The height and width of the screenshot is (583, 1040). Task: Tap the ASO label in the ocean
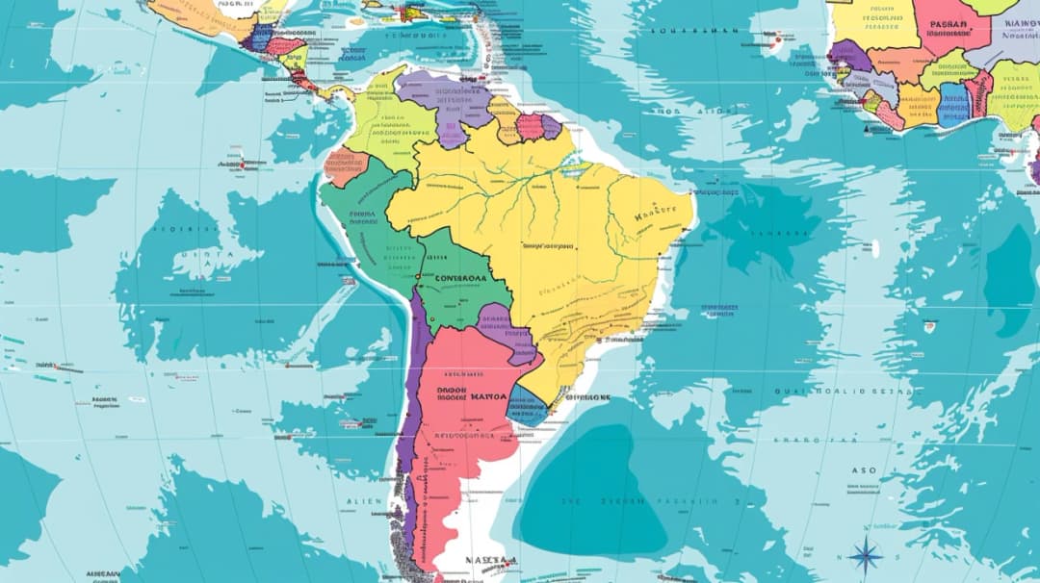coord(864,470)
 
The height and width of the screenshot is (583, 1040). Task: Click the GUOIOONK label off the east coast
coord(588,396)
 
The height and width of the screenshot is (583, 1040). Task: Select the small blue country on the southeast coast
coord(527,406)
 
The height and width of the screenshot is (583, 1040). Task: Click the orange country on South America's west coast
coord(345,167)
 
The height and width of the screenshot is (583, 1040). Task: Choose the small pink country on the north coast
coord(529,127)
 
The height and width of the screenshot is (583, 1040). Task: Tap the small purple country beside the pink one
coord(551,127)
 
